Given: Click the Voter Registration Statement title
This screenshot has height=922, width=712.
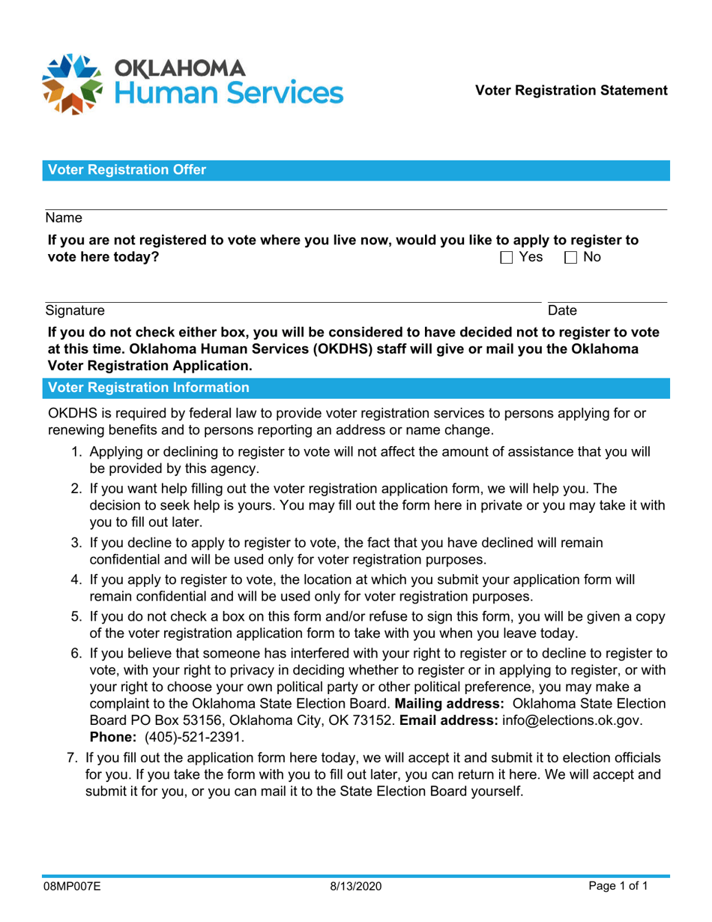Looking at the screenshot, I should (575, 91).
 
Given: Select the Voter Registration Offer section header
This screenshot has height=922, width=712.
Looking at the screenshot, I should (127, 171).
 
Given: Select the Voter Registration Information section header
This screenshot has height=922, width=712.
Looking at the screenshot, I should (148, 388).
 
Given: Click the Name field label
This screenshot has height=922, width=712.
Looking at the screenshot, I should (63, 218).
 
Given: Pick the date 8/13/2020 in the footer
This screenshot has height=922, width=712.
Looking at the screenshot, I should (356, 887).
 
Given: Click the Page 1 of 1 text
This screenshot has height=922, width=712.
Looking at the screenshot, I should (618, 887).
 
